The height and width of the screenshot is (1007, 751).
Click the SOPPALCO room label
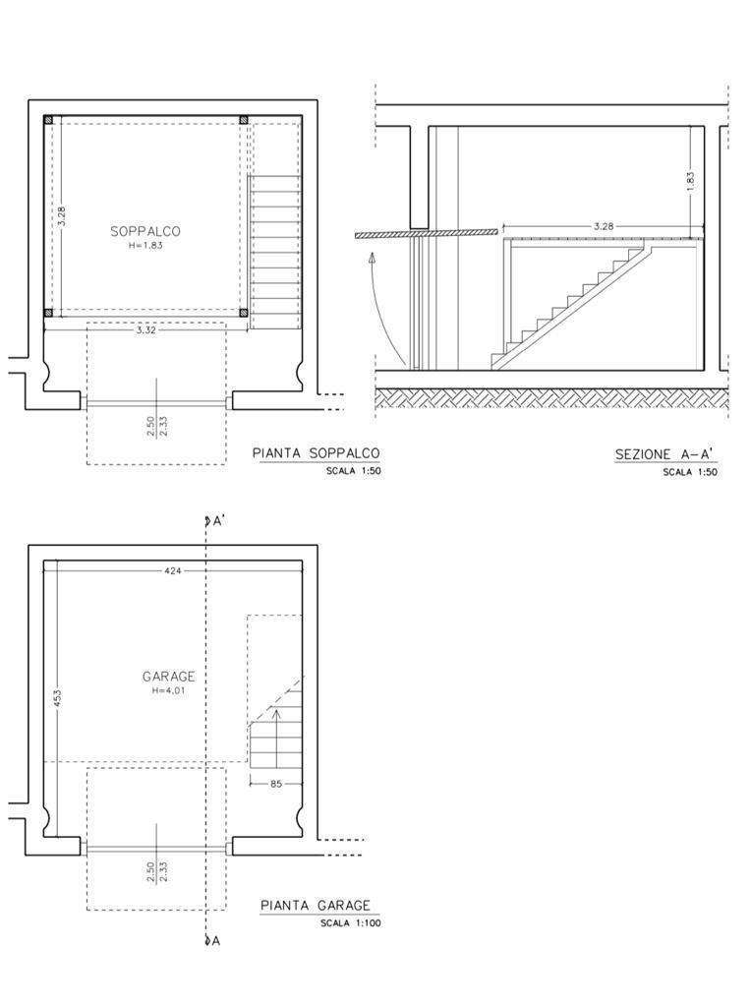(x=145, y=231)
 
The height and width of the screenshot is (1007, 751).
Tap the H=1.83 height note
(x=145, y=245)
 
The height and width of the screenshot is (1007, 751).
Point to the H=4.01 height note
(x=169, y=691)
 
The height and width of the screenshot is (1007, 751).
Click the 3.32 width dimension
(x=145, y=330)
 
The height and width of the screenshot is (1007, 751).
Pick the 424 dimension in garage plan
(x=173, y=569)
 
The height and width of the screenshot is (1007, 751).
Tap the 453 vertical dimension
(x=58, y=699)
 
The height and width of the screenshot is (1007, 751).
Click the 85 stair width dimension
(x=276, y=784)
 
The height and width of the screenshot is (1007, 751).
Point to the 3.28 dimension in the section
(x=604, y=226)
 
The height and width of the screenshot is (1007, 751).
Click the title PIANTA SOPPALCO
(x=316, y=453)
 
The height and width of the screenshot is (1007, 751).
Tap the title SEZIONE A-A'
(x=665, y=454)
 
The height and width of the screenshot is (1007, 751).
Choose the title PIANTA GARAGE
(x=316, y=906)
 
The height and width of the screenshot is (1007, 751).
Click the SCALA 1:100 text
(x=351, y=924)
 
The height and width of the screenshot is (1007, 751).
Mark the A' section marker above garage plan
(x=213, y=521)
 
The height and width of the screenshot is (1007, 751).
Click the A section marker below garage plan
(x=212, y=941)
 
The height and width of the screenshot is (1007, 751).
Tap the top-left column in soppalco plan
(x=49, y=120)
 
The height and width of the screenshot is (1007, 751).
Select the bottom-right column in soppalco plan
(x=243, y=313)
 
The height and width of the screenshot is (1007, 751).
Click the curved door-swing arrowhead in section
(x=372, y=259)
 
